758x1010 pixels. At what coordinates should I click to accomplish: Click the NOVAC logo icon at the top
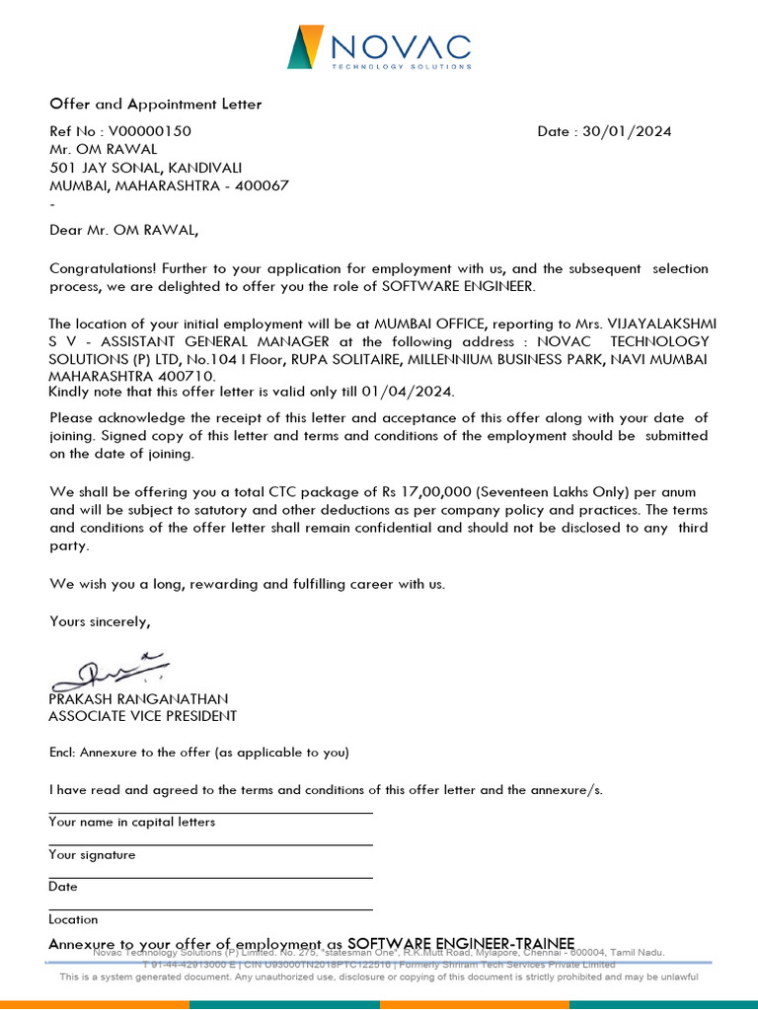click(305, 47)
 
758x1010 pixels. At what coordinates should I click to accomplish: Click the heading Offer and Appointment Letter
click(156, 104)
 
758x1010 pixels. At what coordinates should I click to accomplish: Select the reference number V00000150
click(150, 131)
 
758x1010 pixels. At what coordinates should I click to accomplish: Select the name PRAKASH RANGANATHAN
click(138, 698)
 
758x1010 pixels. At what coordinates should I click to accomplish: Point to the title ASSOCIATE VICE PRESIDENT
click(142, 716)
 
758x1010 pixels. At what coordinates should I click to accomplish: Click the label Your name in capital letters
click(131, 822)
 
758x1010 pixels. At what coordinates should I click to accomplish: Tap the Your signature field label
click(92, 854)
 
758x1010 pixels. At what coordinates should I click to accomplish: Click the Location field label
click(73, 919)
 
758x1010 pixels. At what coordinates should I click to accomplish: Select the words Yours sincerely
click(100, 621)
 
